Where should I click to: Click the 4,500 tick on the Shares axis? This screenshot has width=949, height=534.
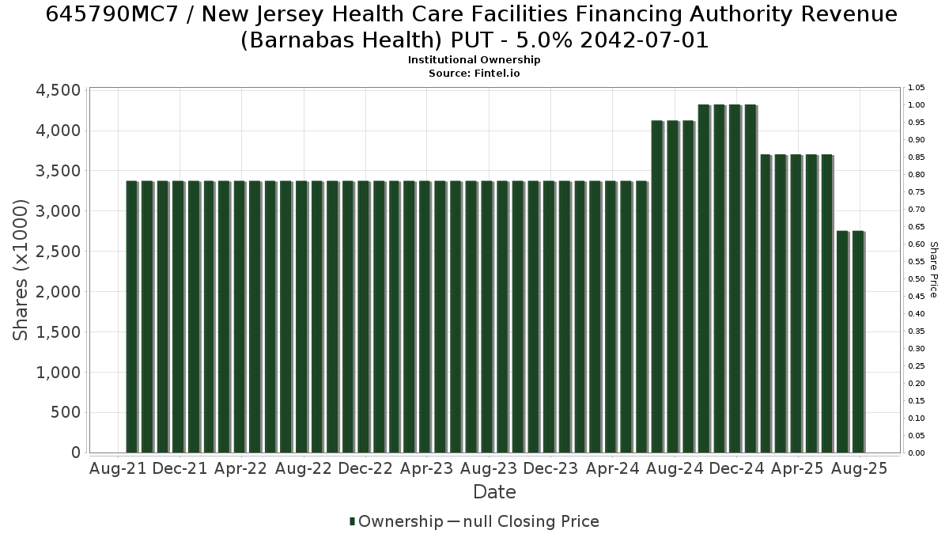(58, 90)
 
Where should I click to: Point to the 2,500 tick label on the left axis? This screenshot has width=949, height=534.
(58, 252)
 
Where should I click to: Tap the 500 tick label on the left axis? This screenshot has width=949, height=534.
(66, 412)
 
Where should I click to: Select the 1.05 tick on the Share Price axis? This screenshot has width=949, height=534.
(916, 88)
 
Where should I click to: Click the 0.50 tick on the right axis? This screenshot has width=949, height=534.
(916, 278)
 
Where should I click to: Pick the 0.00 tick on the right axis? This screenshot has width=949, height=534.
(916, 453)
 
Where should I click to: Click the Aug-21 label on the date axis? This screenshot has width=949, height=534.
(118, 468)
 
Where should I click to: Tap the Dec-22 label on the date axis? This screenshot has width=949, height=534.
(365, 468)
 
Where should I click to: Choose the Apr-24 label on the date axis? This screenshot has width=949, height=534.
(613, 468)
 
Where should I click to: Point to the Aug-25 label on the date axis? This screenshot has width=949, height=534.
(859, 468)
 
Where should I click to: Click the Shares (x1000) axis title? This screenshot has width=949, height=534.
(20, 270)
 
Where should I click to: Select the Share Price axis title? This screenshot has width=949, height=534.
(934, 270)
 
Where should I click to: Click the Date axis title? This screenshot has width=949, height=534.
(494, 492)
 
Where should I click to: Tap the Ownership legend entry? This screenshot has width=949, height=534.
(396, 521)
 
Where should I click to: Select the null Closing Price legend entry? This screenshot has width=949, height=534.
(524, 521)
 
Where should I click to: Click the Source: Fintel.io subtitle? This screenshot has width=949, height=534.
(474, 74)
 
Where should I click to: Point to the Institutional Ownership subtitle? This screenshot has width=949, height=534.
(474, 60)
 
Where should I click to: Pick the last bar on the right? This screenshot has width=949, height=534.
(859, 342)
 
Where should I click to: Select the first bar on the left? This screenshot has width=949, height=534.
(132, 317)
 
